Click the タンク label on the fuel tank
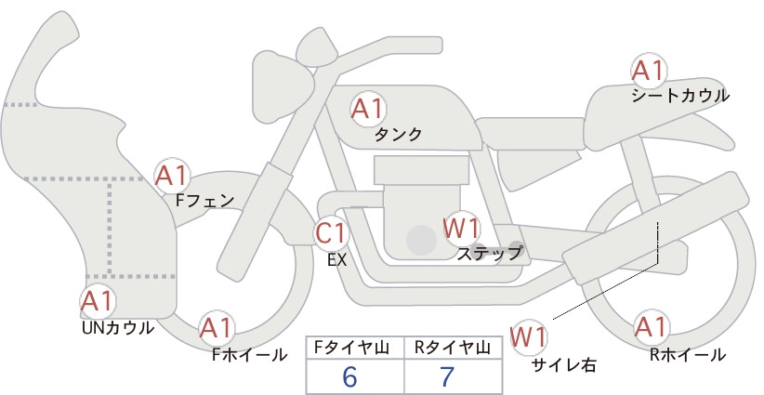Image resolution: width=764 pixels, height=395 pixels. (398, 134)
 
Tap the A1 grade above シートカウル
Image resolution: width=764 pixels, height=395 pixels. (649, 70)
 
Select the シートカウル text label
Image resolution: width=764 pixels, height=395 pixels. (680, 96)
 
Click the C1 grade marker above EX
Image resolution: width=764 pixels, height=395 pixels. (331, 232)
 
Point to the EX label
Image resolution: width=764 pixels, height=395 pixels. (336, 260)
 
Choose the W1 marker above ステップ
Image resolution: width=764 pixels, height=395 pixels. (461, 229)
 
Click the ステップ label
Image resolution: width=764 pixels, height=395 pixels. (489, 254)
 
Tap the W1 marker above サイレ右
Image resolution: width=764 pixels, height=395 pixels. (529, 336)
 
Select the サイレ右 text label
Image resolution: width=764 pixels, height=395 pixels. (564, 365)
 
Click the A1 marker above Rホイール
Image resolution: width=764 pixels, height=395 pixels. (651, 326)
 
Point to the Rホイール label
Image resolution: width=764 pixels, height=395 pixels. (688, 355)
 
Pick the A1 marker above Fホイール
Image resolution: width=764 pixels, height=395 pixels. (216, 327)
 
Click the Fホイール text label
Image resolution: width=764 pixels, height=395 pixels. (249, 355)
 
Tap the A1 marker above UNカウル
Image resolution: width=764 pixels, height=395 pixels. (98, 300)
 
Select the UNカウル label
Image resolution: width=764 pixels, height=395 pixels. (118, 328)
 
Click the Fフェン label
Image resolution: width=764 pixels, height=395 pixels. (204, 201)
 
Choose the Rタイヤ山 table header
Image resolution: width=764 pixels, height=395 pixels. (453, 348)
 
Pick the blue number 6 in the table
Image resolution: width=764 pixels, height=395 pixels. (349, 376)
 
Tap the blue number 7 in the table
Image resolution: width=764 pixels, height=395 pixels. (447, 376)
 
